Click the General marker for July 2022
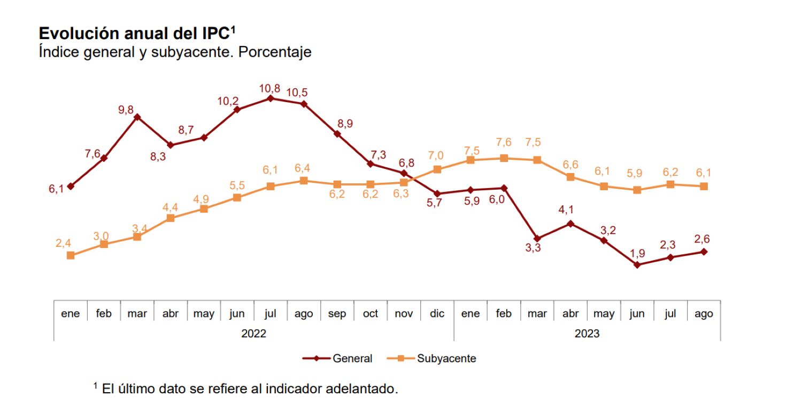point(271,98)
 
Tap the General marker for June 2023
point(637,265)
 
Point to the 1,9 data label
point(637,252)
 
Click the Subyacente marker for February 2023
point(504,158)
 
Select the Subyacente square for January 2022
point(71,255)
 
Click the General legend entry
point(352,359)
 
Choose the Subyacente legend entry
point(446,359)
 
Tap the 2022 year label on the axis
point(253,333)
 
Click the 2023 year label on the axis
point(587,333)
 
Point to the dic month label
point(437,314)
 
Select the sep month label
point(337,314)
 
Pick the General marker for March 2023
point(537,238)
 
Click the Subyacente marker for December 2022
point(437,169)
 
